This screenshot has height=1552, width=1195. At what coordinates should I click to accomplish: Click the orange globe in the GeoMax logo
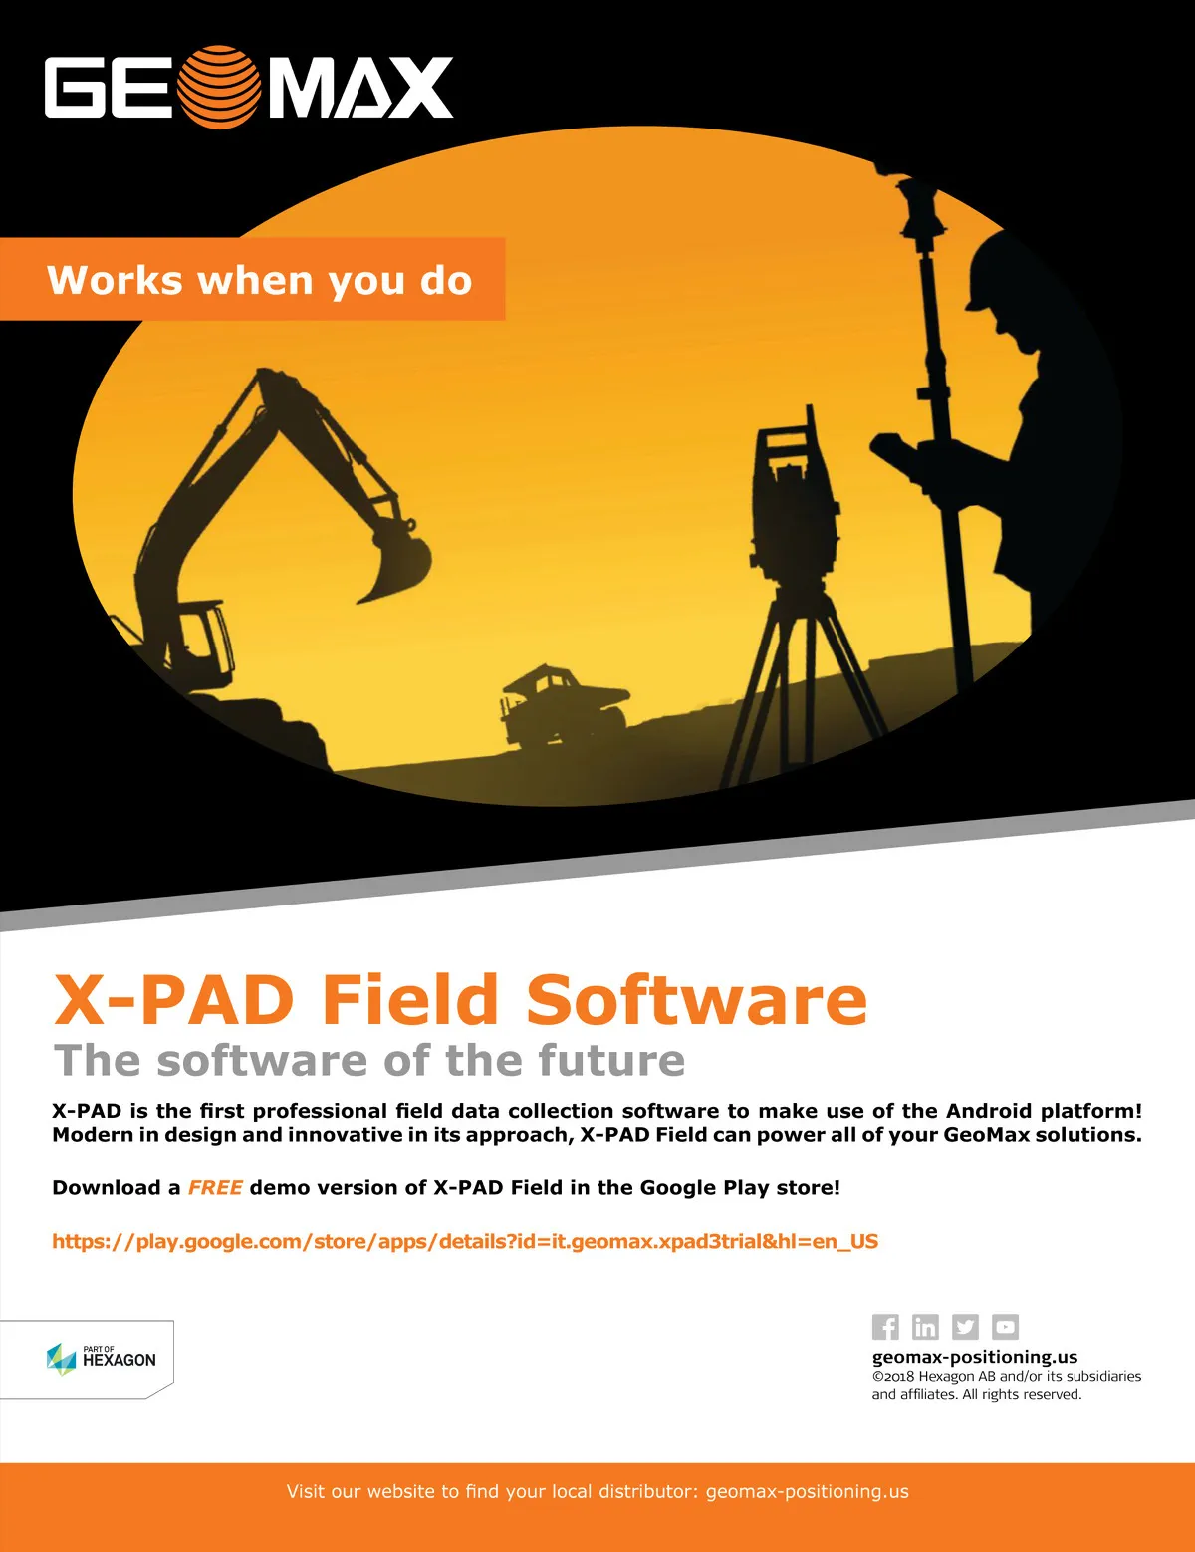point(218,87)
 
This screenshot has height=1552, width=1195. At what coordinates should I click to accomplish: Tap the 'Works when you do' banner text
point(259,280)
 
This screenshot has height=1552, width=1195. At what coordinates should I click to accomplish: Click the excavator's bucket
point(396,564)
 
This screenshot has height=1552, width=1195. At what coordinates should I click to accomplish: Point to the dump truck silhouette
point(564,708)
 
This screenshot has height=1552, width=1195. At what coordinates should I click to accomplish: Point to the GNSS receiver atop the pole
point(916,202)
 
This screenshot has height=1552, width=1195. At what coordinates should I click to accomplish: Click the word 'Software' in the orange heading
point(696,999)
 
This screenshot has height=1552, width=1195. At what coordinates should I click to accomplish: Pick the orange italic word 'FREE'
point(215,1187)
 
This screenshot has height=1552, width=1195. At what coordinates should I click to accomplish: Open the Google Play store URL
point(465,1241)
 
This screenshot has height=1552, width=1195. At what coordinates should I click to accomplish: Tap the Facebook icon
point(885,1327)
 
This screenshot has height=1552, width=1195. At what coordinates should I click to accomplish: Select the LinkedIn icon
point(925,1327)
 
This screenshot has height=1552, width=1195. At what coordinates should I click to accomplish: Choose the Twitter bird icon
point(965,1327)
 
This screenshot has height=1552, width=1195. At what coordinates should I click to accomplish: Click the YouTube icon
point(1005,1327)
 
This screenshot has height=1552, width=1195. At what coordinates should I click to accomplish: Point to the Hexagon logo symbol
point(62,1359)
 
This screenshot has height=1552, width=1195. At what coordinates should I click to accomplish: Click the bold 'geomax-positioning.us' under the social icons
point(974,1357)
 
